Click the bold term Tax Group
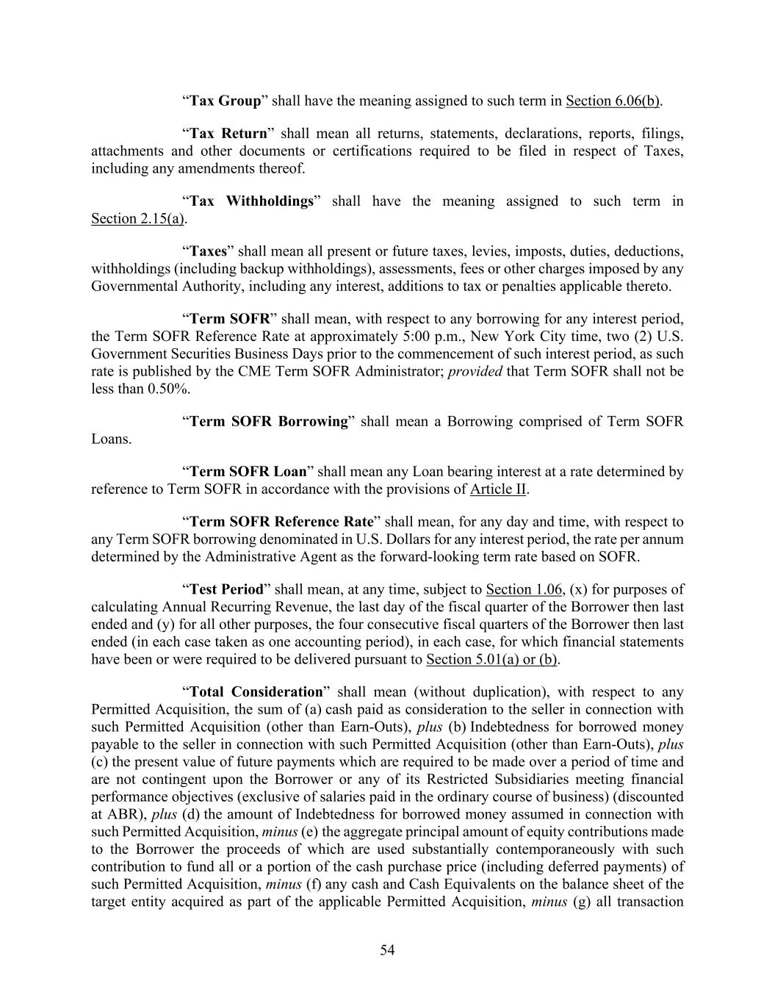(226, 101)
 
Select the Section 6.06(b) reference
(613, 101)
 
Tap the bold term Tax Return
(228, 134)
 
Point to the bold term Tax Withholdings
(252, 201)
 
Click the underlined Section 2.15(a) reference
(137, 219)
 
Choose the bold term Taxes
(209, 251)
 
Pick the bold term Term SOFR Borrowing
(269, 422)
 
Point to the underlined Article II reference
(498, 489)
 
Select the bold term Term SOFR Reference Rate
(282, 522)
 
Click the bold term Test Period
(226, 589)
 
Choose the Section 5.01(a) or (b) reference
(491, 659)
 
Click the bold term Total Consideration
(256, 692)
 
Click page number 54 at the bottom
(387, 951)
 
